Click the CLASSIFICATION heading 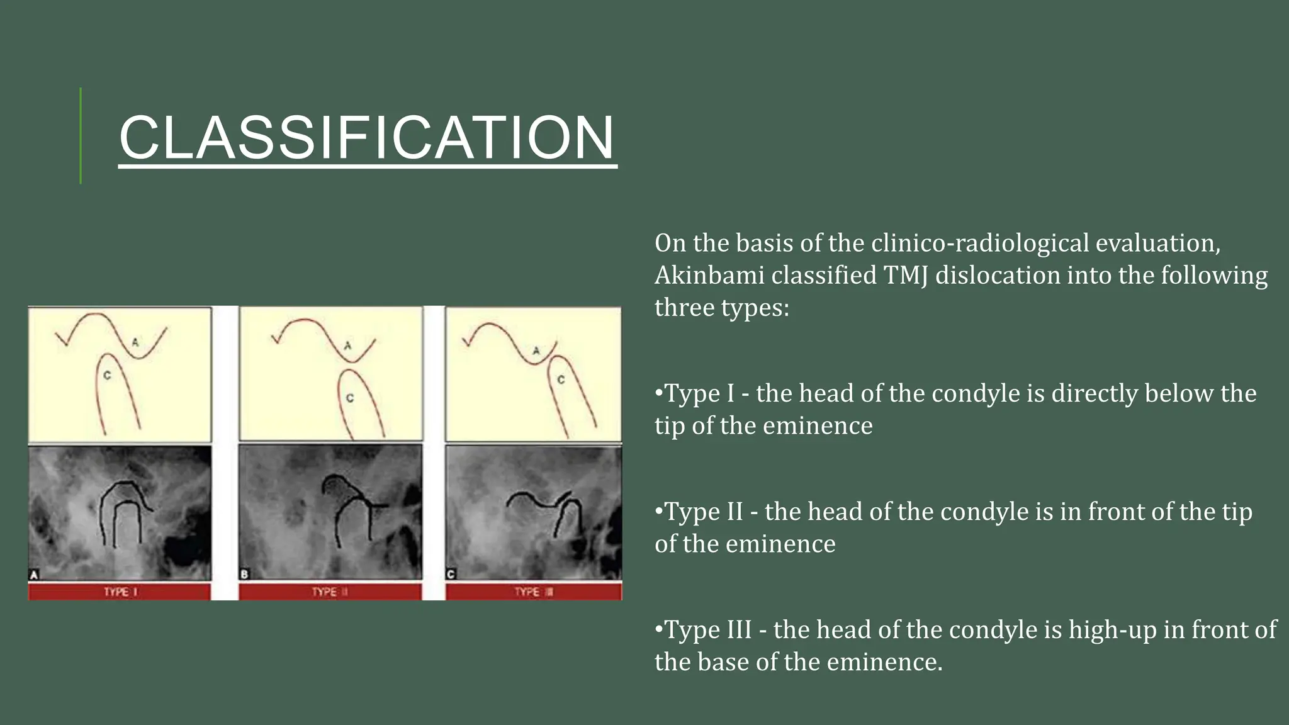coord(368,138)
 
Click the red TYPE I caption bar coord(120,592)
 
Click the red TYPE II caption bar coord(330,592)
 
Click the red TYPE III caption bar coord(533,592)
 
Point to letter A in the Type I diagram coord(135,342)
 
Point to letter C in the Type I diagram coord(107,376)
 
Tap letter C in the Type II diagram coord(350,398)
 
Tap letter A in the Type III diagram coord(536,351)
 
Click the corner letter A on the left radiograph coord(35,574)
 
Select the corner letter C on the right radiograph coord(451,574)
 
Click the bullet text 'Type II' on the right coord(703,512)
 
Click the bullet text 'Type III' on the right coord(707,630)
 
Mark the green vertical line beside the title coord(81,136)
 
